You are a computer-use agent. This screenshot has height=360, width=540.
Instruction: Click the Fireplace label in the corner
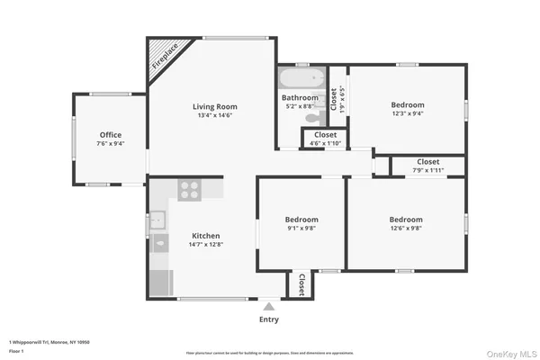(x=165, y=56)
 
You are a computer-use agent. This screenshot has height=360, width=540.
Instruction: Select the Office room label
(x=110, y=135)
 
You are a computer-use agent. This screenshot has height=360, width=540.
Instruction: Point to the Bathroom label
(x=300, y=97)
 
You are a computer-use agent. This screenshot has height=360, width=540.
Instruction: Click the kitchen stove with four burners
(x=189, y=189)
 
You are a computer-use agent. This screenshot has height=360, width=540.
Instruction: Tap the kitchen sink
(x=157, y=219)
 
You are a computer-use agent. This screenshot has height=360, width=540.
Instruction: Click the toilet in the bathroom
(x=312, y=117)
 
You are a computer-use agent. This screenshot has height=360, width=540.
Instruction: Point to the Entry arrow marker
(x=268, y=307)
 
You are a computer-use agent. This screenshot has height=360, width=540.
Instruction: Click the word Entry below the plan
(x=268, y=319)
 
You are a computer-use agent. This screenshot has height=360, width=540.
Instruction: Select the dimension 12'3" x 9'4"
(x=407, y=113)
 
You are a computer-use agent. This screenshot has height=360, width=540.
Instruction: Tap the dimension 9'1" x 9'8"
(x=301, y=229)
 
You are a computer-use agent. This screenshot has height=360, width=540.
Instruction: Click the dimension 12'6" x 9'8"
(x=406, y=229)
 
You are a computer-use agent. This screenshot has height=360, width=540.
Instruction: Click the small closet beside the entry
(x=301, y=284)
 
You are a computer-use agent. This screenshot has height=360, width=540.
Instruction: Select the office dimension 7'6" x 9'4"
(x=110, y=143)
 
